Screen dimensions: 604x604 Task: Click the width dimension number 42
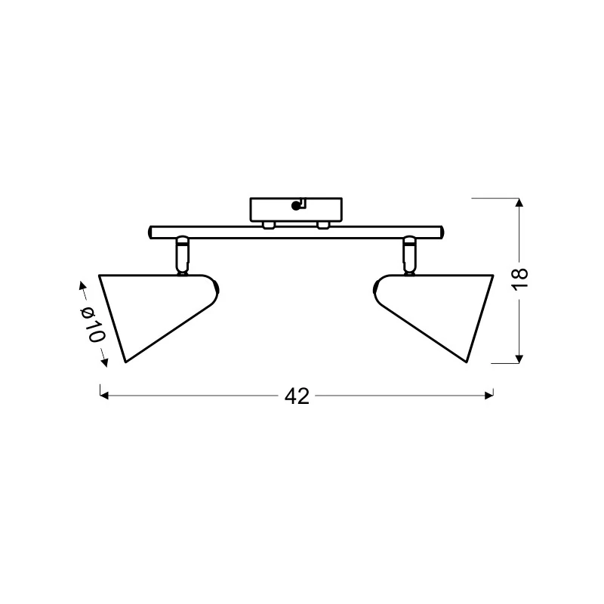[x=297, y=396]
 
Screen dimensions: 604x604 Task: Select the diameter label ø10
[x=92, y=325]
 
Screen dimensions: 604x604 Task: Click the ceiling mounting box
[x=296, y=210]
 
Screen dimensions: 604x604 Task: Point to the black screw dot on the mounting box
[x=295, y=206]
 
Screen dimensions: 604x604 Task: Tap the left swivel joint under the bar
[x=182, y=255]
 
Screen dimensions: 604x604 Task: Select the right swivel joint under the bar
[x=409, y=255]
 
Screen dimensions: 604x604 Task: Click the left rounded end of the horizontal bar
[x=150, y=233]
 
